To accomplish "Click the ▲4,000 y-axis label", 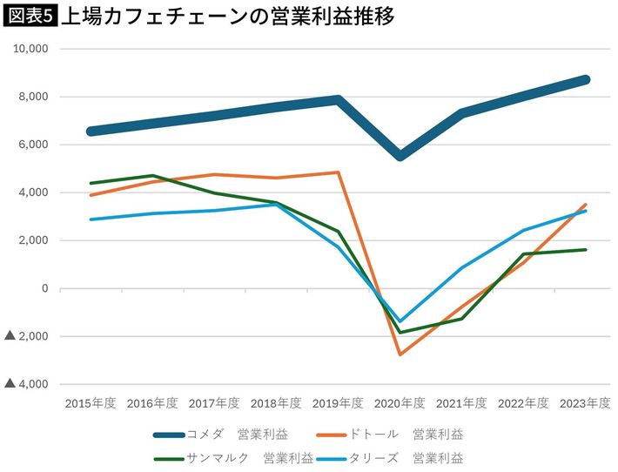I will point(29,384).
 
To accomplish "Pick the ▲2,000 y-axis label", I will point(29,336).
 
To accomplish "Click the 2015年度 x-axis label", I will point(91,403).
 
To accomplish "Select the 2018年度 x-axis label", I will point(276,403).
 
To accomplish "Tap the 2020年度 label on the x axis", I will point(400,403).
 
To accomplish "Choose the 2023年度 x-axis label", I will point(585,403).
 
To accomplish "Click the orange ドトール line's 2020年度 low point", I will point(400,354).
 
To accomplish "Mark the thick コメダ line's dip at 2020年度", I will point(400,156).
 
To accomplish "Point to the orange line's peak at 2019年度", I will point(338,172).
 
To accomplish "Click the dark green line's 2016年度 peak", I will point(153,176).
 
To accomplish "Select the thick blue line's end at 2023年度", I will point(586,79).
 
